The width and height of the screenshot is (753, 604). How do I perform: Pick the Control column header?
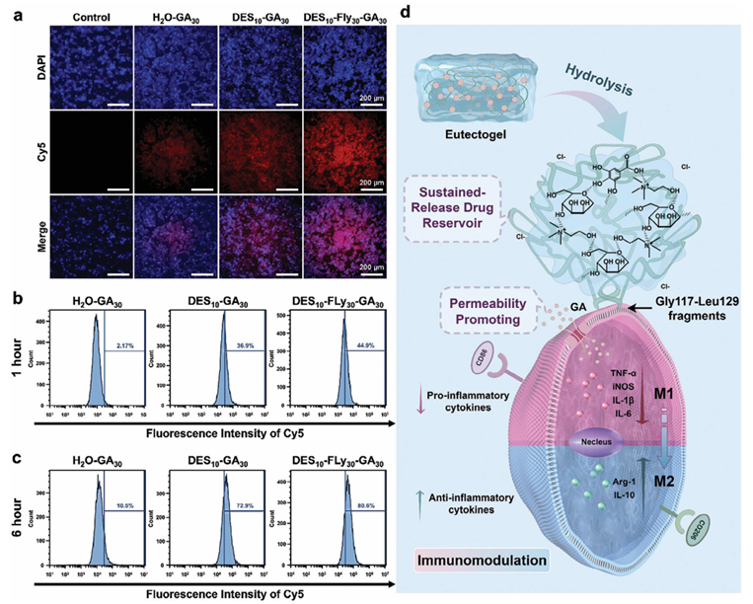coord(73,16)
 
